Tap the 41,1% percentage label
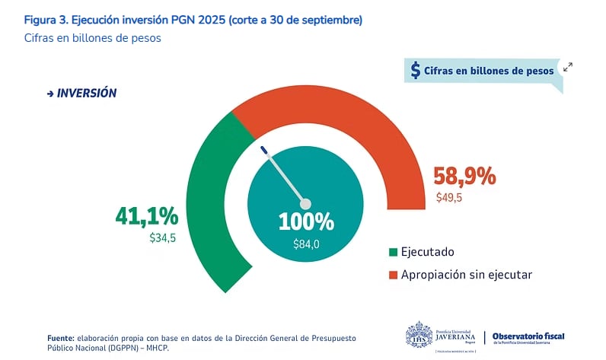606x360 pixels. pyautogui.click(x=146, y=216)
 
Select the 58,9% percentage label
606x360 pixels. pyautogui.click(x=464, y=177)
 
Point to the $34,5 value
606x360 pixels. pyautogui.click(x=163, y=238)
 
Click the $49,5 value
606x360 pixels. pyautogui.click(x=449, y=198)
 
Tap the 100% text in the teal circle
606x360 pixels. pyautogui.click(x=306, y=221)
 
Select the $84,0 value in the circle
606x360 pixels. pyautogui.click(x=306, y=244)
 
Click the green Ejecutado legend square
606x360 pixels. pyautogui.click(x=393, y=252)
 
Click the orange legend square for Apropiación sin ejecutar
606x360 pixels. pyautogui.click(x=393, y=275)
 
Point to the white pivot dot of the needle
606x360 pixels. pyautogui.click(x=306, y=204)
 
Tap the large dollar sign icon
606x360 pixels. pyautogui.click(x=415, y=70)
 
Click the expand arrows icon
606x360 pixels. pyautogui.click(x=567, y=68)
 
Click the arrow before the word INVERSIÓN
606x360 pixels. pyautogui.click(x=50, y=93)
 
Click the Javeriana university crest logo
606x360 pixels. pyautogui.click(x=419, y=336)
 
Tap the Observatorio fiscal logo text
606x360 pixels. pyautogui.click(x=528, y=336)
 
